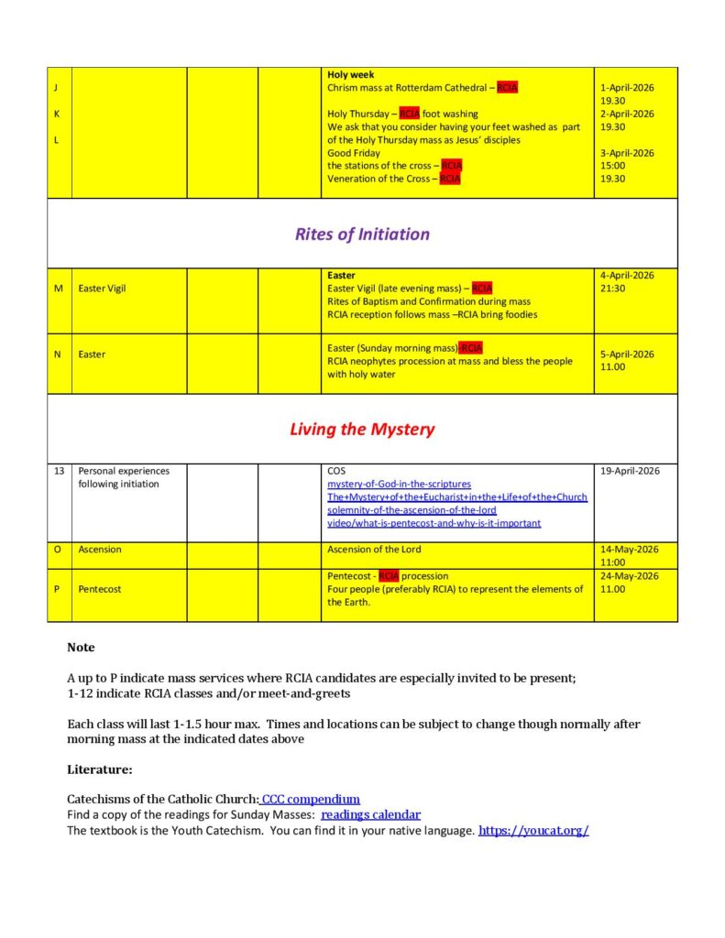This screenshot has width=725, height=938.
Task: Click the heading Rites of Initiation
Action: click(362, 234)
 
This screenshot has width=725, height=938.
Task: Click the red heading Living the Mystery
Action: click(362, 429)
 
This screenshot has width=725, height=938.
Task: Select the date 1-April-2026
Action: click(627, 88)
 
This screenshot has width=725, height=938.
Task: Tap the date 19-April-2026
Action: click(630, 471)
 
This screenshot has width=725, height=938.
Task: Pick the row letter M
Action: click(58, 289)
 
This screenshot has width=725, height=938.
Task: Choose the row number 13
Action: click(59, 471)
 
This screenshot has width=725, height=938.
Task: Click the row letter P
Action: click(58, 589)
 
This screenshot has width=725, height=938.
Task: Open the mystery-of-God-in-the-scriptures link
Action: click(399, 484)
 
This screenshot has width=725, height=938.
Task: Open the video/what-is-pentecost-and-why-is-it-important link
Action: click(434, 523)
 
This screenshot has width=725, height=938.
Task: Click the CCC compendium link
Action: click(311, 799)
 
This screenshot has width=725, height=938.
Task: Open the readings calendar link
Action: click(370, 814)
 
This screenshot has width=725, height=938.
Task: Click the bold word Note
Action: click(81, 647)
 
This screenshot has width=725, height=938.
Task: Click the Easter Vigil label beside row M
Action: click(102, 289)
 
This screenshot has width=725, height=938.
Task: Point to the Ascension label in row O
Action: click(99, 550)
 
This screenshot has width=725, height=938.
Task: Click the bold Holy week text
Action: click(350, 75)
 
